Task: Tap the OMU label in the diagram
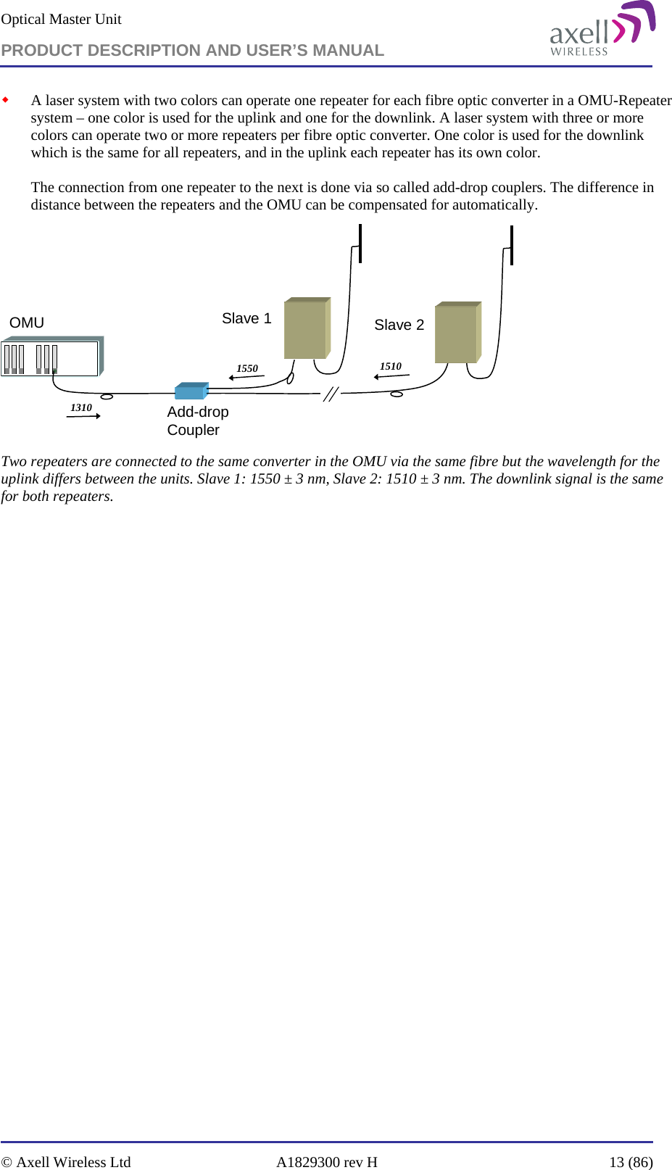pos(27,323)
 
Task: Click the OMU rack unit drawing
pos(51,357)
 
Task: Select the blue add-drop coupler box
pos(191,391)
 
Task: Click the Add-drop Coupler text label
pos(197,421)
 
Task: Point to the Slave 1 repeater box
pos(307,328)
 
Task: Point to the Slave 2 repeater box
pos(457,333)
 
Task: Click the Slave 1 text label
pos(246,319)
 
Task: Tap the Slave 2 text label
pos(399,325)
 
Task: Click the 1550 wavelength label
pos(247,368)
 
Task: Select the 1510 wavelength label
pos(391,366)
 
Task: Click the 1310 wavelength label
pos(81,407)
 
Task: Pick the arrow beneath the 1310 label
pos(83,416)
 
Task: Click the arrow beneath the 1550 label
pos(246,377)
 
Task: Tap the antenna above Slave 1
pos(360,244)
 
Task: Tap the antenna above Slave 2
pos(512,245)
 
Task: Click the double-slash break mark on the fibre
pos(331,394)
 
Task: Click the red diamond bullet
pos(6,99)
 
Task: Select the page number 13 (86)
pos(631,1162)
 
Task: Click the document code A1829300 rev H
pos(327,1162)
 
